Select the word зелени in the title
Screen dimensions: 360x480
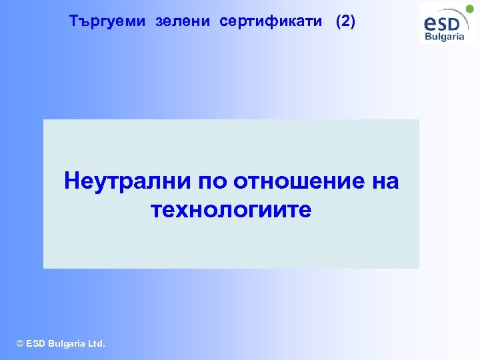pos(184,21)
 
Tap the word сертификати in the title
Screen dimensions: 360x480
pos(273,21)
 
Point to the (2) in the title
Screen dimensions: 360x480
pos(346,21)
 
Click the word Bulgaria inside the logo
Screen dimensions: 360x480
pos(445,37)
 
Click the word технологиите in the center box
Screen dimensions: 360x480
pos(231,211)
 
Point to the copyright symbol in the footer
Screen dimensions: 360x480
pos(19,344)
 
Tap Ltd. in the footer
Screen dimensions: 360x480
pos(97,344)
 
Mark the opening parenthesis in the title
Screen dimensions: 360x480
pos(338,21)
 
